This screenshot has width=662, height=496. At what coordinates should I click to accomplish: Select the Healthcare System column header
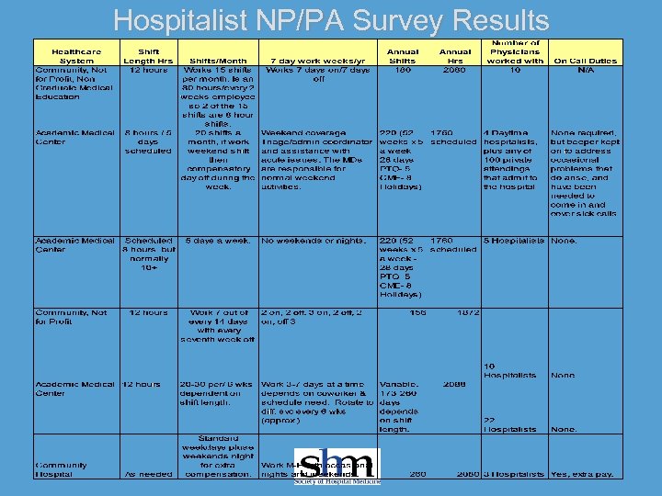click(x=75, y=56)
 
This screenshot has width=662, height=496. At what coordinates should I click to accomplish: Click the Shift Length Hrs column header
click(x=148, y=56)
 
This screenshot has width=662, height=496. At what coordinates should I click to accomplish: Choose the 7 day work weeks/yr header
click(x=317, y=61)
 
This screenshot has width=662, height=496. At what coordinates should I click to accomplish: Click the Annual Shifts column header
click(x=403, y=56)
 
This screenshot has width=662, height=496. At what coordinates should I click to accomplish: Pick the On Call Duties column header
click(x=585, y=61)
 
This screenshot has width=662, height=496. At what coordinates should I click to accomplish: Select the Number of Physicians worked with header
click(x=515, y=51)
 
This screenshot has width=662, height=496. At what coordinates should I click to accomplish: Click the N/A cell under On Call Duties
click(x=585, y=70)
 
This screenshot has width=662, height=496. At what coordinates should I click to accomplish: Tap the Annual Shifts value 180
click(x=403, y=70)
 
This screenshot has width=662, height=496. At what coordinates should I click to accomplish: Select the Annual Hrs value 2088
click(x=454, y=384)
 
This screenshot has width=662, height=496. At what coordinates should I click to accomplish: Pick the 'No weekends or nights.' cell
click(x=314, y=241)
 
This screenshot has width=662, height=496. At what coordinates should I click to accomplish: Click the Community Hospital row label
click(x=63, y=469)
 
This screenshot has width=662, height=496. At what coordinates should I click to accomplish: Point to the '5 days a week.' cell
click(x=218, y=241)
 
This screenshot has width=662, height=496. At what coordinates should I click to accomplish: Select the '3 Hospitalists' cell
click(x=515, y=474)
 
